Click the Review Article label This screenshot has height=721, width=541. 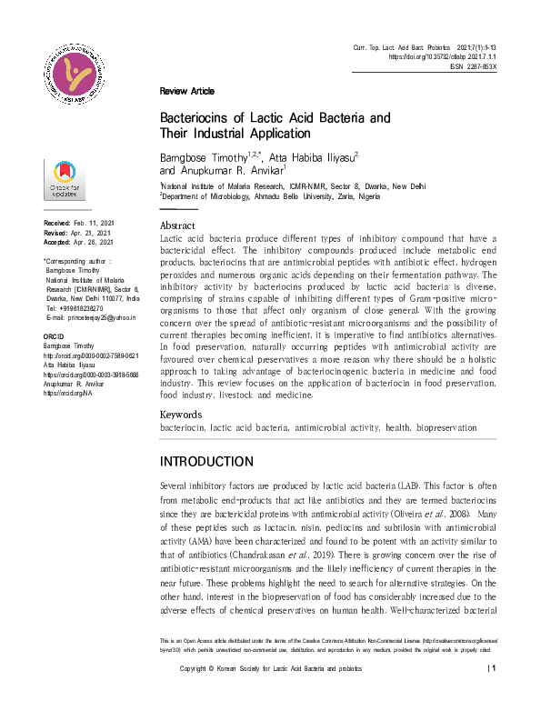tap(186, 91)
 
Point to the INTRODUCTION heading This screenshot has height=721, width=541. tap(206, 461)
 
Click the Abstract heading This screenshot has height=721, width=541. tap(177, 225)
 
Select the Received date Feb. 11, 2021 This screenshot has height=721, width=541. tap(94, 223)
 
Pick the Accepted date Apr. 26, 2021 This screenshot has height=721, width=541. tap(94, 243)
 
